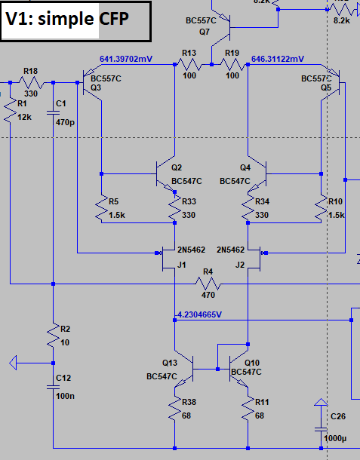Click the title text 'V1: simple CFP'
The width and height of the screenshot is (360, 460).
[67, 19]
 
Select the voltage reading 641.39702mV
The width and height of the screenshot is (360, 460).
[126, 59]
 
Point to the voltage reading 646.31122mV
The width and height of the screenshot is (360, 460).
[278, 59]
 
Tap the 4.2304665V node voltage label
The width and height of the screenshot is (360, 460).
[200, 314]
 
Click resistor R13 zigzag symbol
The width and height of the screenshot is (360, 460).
[189, 65]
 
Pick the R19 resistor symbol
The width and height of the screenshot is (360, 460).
[232, 65]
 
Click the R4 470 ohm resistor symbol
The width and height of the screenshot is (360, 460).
[208, 284]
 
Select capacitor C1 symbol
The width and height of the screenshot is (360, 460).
[53, 113]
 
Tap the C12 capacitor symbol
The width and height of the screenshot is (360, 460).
[53, 388]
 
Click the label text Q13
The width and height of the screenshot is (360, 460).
[170, 363]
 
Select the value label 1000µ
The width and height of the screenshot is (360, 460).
[335, 439]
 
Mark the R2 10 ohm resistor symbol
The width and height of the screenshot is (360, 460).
[53, 336]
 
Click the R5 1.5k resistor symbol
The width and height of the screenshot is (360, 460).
[102, 208]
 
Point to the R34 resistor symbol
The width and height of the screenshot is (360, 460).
[248, 208]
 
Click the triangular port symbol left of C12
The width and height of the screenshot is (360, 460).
[14, 363]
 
